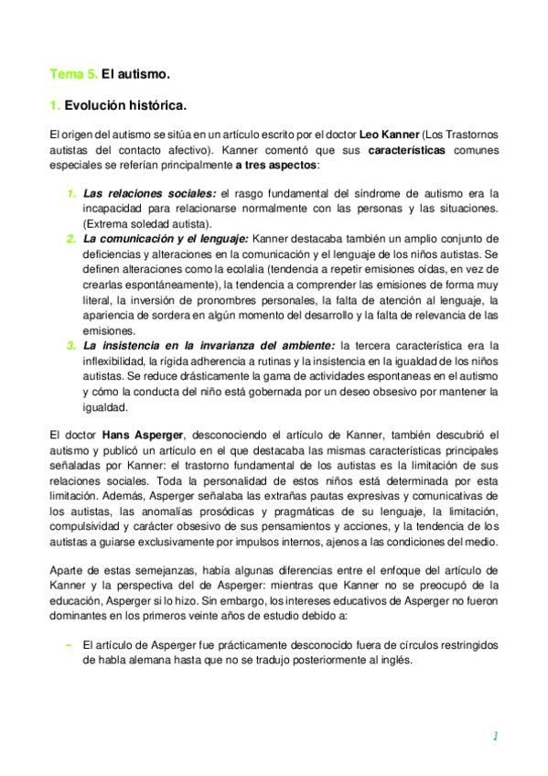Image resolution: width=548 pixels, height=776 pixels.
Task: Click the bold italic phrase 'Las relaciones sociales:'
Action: tap(149, 194)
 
